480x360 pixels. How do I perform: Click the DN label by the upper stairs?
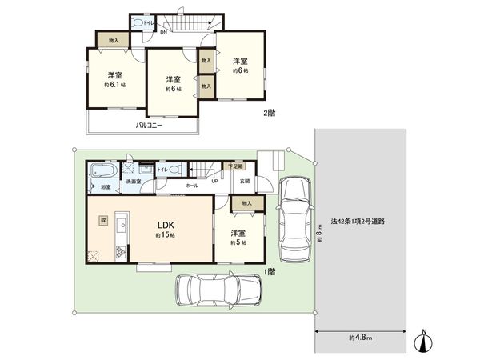click(163, 32)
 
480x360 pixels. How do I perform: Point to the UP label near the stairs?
click(214, 182)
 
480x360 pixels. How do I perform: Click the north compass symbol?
click(424, 341)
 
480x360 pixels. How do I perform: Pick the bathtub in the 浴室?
click(102, 172)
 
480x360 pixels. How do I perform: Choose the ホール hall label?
click(192, 186)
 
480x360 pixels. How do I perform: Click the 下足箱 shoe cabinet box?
click(234, 166)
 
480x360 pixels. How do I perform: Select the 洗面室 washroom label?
click(132, 183)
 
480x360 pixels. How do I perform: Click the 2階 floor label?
click(270, 114)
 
